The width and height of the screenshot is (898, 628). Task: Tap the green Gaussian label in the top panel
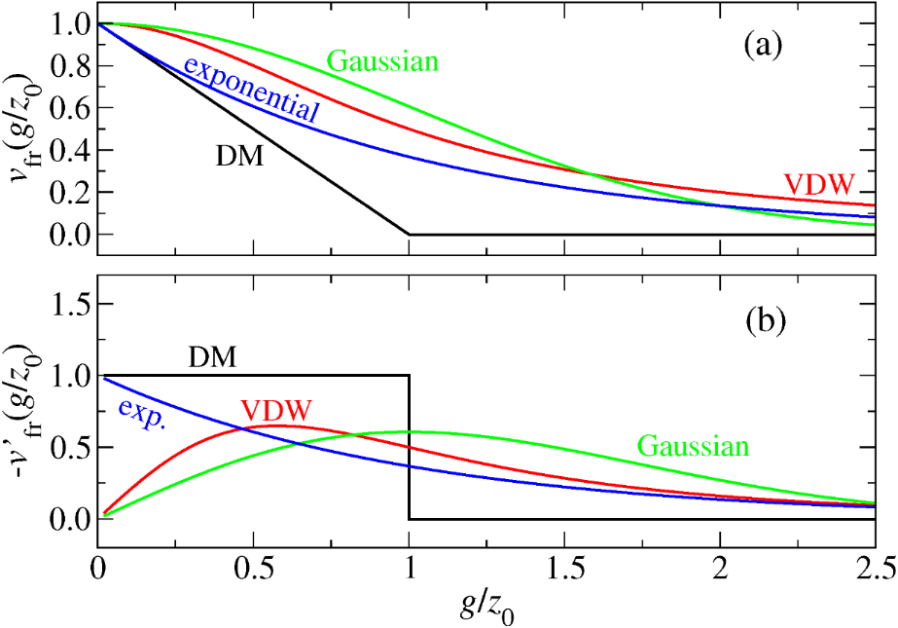[x=382, y=61]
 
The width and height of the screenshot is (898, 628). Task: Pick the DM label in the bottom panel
[x=212, y=359]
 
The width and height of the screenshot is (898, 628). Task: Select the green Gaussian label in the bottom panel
[x=694, y=447]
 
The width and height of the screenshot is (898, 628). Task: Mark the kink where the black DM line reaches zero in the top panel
[x=409, y=234]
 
